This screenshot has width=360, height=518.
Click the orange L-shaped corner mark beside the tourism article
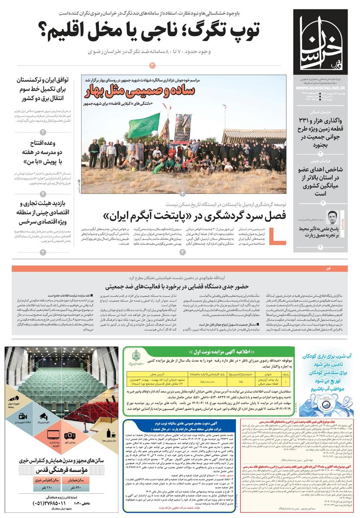click(274, 235)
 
